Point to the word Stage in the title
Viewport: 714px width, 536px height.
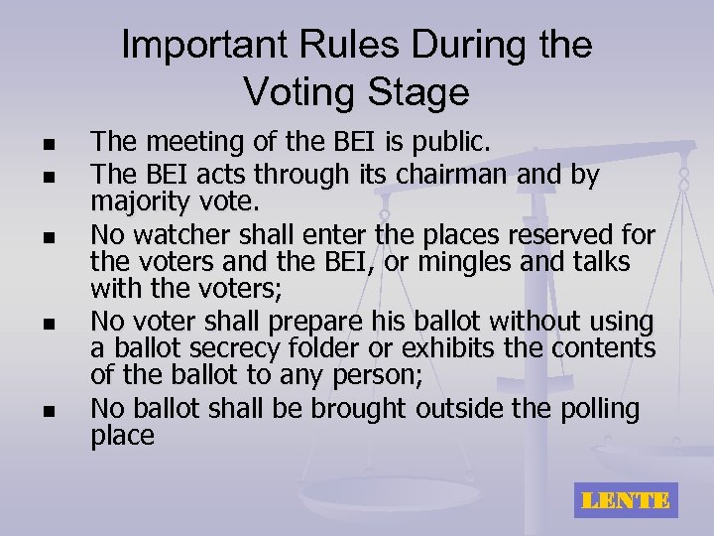coord(418,92)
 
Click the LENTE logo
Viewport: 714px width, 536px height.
coord(626,500)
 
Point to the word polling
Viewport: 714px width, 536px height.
coord(594,408)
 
